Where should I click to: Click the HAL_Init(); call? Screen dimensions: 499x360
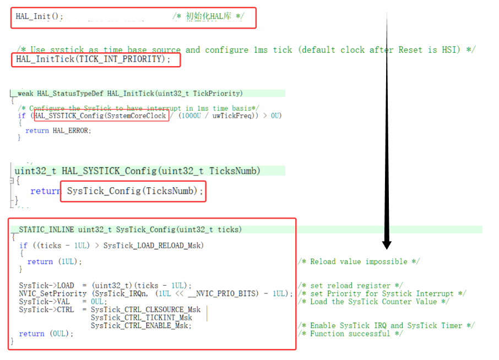point(39,17)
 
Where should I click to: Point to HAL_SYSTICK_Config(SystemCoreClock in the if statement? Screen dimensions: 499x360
point(100,116)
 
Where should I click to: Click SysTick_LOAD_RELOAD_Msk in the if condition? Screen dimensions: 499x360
point(153,246)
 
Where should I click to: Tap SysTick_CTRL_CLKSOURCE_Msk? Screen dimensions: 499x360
point(145,309)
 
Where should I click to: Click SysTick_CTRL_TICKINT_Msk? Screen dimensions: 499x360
point(141,318)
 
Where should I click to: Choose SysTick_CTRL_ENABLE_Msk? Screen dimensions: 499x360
point(141,325)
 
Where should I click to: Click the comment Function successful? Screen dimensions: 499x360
point(350,334)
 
